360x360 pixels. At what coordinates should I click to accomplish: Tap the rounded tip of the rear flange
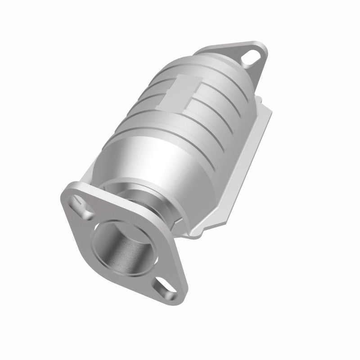click(x=255, y=47)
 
